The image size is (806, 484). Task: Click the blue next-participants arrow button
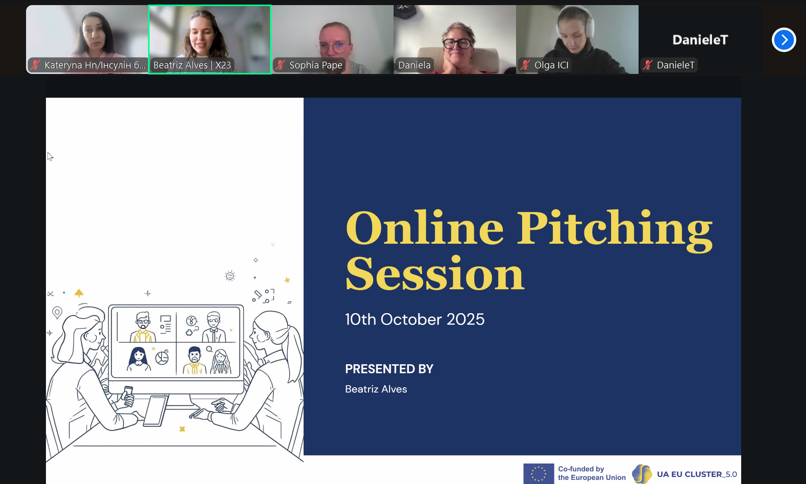pos(784,40)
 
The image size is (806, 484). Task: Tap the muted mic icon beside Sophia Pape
pos(280,65)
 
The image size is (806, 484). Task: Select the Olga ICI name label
pos(551,65)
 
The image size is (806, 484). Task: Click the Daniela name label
pos(414,65)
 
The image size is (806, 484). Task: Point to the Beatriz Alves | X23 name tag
pos(192,65)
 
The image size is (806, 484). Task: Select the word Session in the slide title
pos(435,274)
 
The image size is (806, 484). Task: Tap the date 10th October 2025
pos(415,319)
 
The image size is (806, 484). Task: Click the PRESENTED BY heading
pos(389,369)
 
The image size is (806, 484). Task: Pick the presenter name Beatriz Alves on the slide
pos(376,389)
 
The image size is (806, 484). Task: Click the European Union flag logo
pos(539,474)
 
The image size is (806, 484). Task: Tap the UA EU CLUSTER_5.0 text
pos(697,474)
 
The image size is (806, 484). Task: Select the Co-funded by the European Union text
pos(592,473)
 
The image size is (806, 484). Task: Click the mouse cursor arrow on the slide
pos(50,157)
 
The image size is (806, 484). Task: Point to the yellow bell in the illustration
pos(79,293)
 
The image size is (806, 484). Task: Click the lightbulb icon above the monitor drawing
pos(230,276)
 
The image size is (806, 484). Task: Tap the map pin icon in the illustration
pos(57,313)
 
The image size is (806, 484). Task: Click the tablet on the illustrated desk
pos(156,411)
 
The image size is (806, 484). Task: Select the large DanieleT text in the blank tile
pos(700,40)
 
